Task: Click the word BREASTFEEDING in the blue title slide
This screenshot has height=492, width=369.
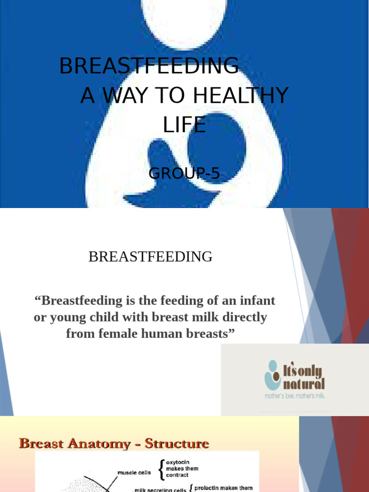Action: point(149,66)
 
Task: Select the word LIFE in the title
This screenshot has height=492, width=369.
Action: point(184,125)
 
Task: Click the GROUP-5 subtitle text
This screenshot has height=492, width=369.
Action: point(184,173)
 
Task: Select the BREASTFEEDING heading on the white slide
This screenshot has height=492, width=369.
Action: point(150,257)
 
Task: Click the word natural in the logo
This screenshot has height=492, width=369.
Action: point(303,383)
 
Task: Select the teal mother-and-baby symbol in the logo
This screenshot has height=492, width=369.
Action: point(272,375)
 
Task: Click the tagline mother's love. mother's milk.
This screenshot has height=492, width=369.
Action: point(295,396)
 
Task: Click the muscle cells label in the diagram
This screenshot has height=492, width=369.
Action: point(134,473)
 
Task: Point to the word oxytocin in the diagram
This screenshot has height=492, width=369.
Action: point(178,462)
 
